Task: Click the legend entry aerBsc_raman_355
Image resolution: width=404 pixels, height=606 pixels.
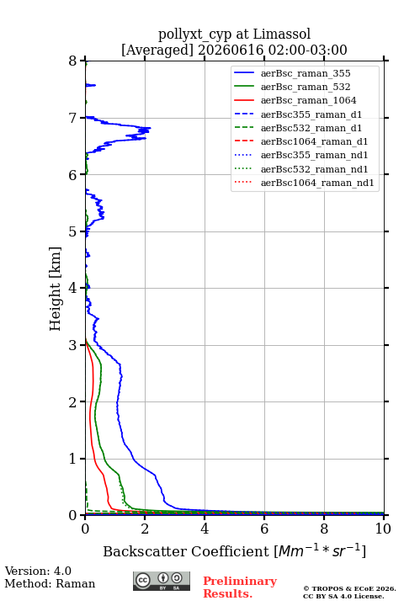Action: (306, 73)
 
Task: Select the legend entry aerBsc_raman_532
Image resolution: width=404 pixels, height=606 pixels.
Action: (306, 87)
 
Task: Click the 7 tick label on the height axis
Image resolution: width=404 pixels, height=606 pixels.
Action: (73, 118)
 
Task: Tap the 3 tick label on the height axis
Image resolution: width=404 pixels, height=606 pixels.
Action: (73, 345)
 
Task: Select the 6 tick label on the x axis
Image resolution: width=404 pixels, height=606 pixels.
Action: (264, 529)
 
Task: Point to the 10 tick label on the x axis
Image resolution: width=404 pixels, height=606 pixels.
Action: (383, 529)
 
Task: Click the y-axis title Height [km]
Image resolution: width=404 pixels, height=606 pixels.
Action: (55, 289)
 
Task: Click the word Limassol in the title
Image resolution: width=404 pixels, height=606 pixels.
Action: (281, 34)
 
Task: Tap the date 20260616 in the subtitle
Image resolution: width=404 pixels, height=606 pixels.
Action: (231, 50)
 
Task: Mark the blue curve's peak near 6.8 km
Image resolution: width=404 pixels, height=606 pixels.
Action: (151, 128)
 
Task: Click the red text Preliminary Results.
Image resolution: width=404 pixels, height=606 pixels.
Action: (240, 587)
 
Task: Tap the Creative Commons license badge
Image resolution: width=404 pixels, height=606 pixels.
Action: (162, 582)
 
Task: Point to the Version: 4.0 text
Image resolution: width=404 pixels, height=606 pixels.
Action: (38, 571)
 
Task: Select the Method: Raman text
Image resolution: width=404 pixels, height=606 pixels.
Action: (50, 583)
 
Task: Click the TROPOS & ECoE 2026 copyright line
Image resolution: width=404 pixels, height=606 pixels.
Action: (349, 588)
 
